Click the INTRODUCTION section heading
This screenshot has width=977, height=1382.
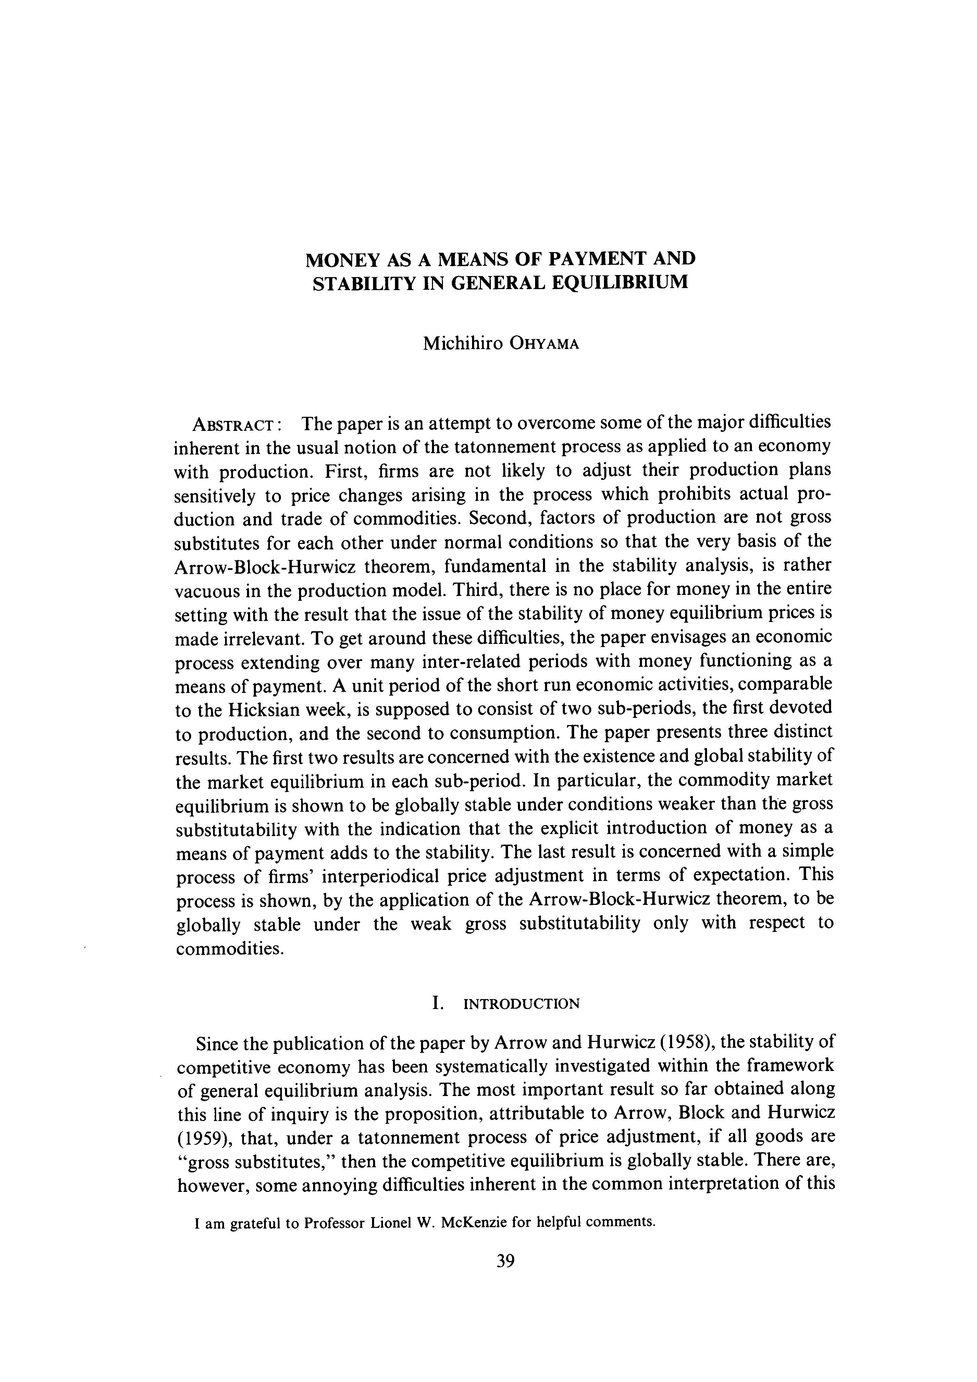click(522, 1004)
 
